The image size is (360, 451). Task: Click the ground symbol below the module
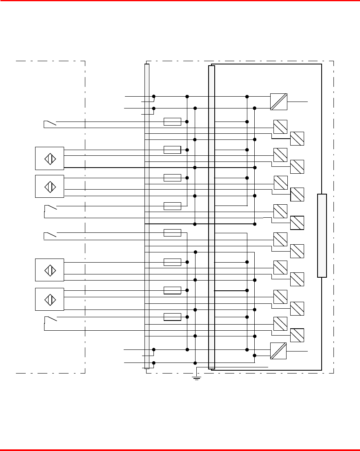click(x=197, y=378)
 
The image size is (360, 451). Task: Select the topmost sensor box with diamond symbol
click(x=49, y=158)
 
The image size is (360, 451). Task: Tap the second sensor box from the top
click(x=49, y=186)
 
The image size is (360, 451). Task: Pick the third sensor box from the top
click(x=49, y=270)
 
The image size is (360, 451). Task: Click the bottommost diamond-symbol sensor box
click(x=49, y=299)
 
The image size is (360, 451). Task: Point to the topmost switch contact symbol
click(x=50, y=123)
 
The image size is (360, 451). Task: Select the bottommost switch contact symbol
click(x=50, y=319)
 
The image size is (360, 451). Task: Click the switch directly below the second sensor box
click(x=50, y=209)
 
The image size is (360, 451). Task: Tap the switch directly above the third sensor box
click(x=50, y=234)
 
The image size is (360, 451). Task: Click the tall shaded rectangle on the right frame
click(x=322, y=236)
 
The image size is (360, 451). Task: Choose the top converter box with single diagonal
click(x=279, y=102)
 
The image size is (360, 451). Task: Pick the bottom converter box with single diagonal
click(x=278, y=351)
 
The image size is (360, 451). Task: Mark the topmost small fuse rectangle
click(x=172, y=122)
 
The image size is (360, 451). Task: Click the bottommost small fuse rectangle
click(x=172, y=317)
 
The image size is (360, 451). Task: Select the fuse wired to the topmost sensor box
click(x=172, y=150)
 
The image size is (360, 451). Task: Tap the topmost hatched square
click(x=280, y=127)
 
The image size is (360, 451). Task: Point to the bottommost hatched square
click(x=297, y=335)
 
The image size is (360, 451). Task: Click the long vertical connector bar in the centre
click(x=211, y=217)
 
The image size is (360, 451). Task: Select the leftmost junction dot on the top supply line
click(x=154, y=97)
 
